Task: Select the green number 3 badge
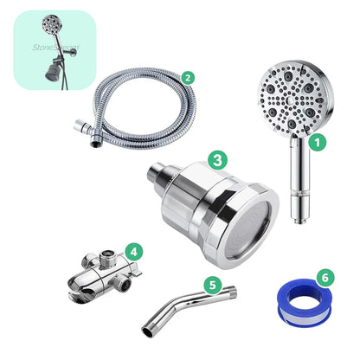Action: pos(218,159)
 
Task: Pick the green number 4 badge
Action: pos(132,252)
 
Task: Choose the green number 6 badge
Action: pos(325,278)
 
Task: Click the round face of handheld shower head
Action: pos(289,103)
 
